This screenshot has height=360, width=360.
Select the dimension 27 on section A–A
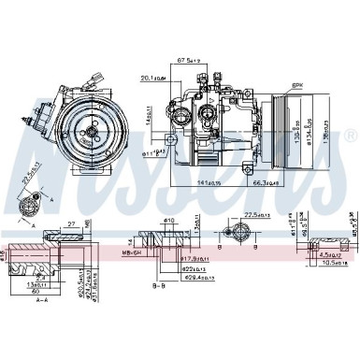(x=71, y=224)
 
